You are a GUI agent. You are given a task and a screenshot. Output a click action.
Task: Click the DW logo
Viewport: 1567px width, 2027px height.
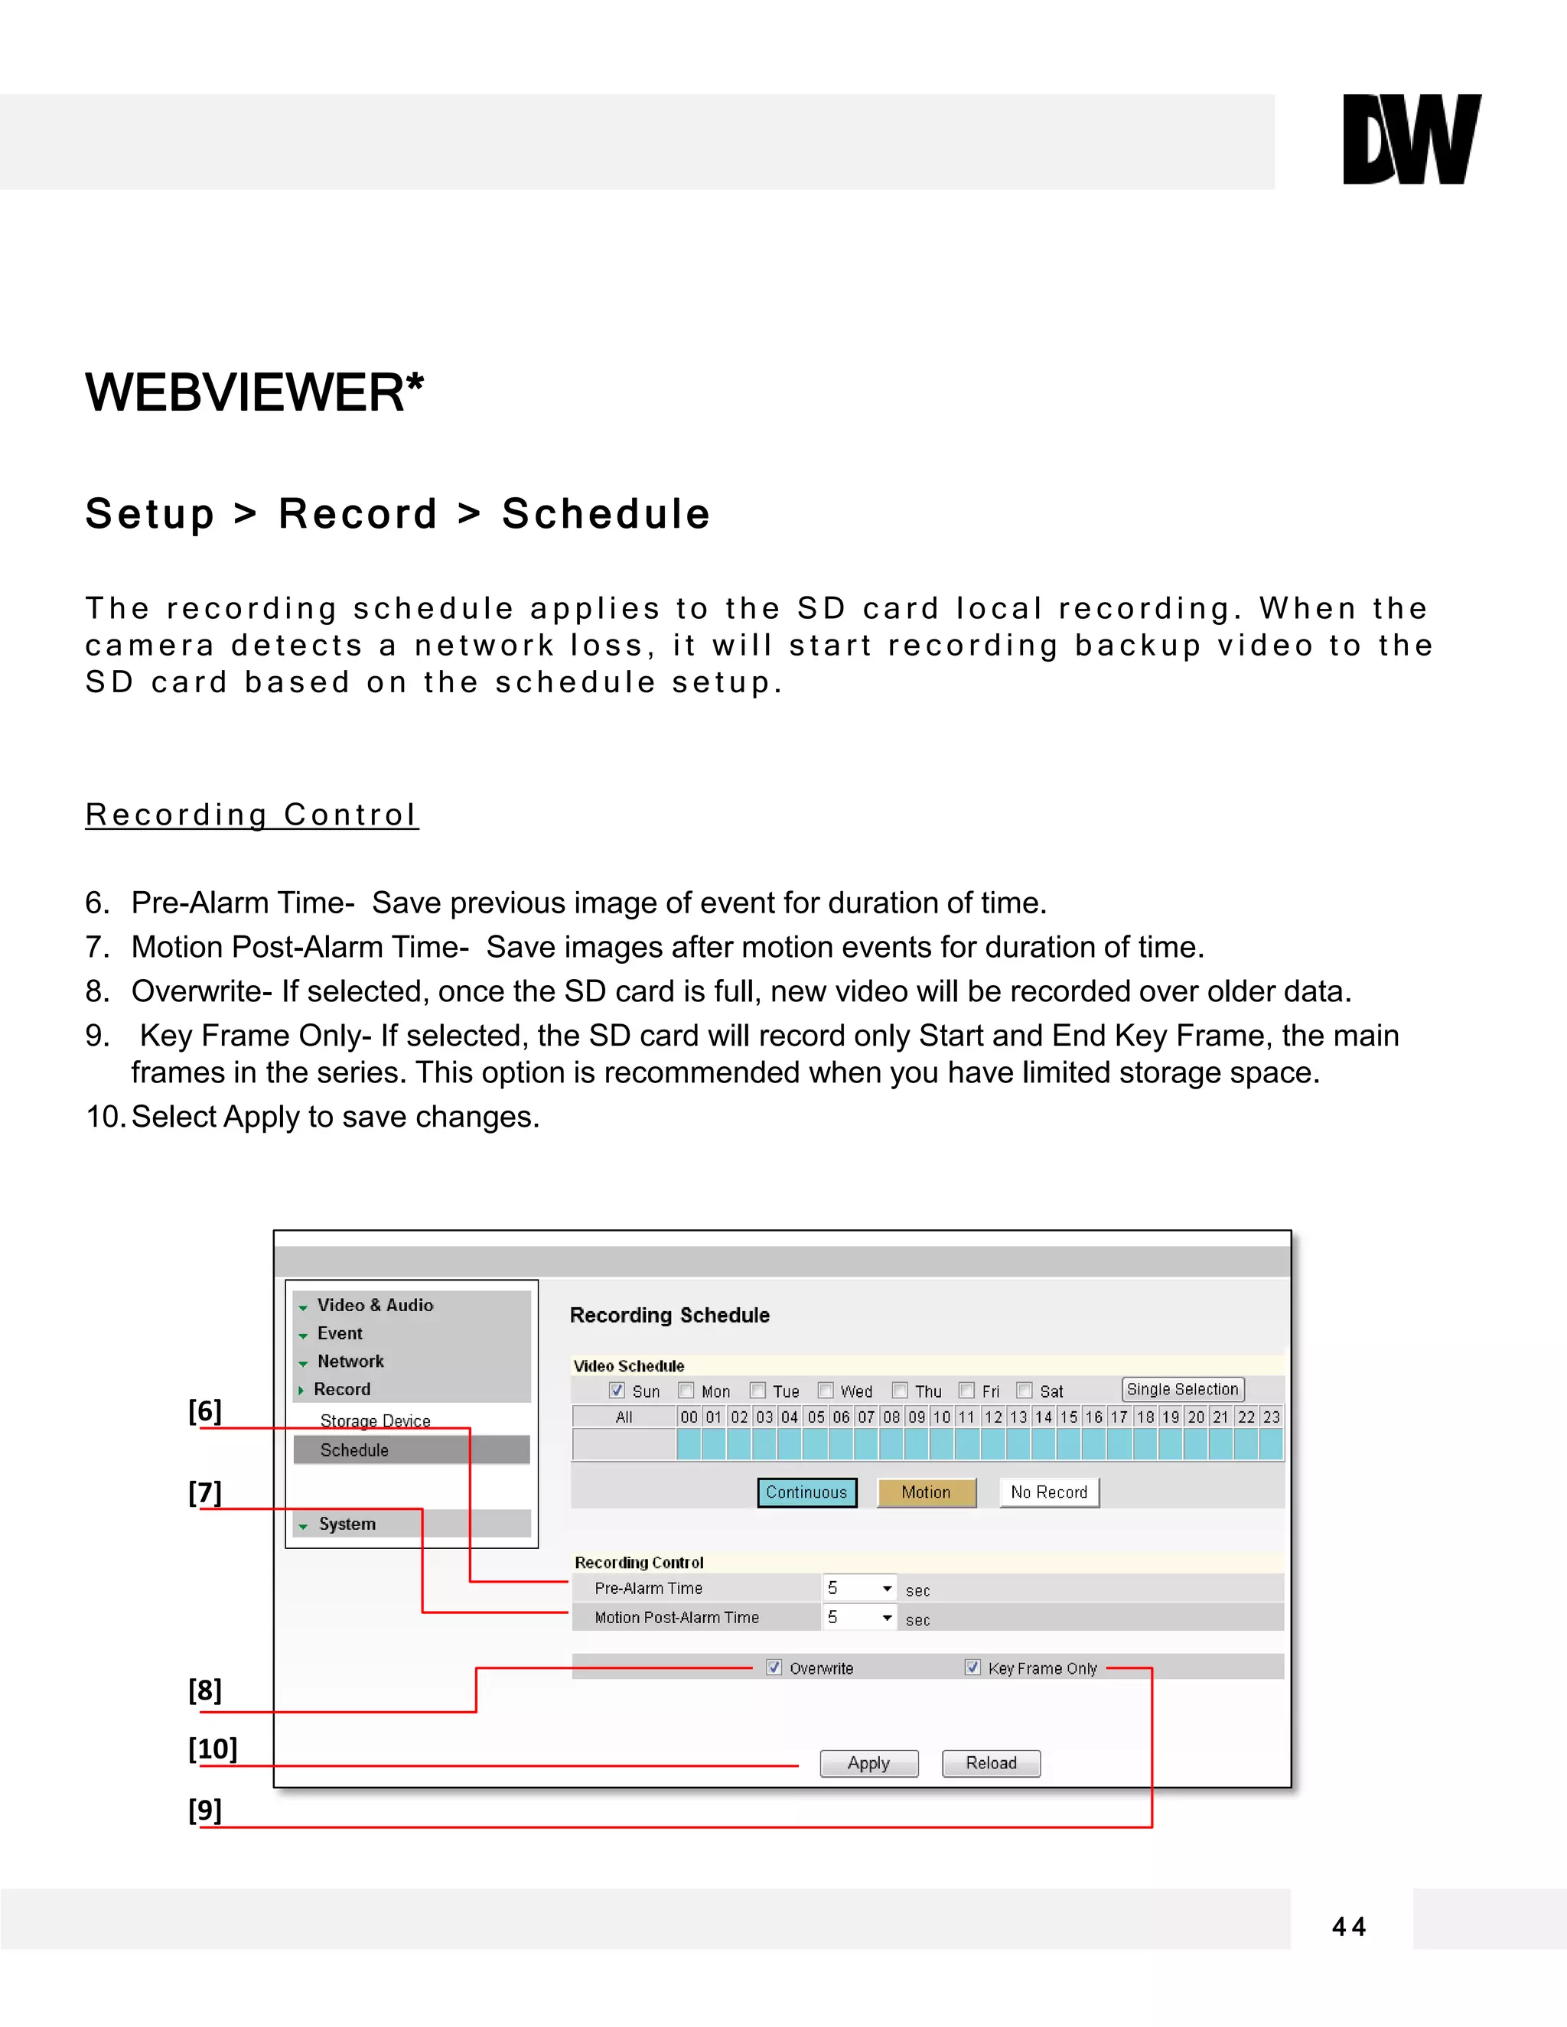click(x=1411, y=139)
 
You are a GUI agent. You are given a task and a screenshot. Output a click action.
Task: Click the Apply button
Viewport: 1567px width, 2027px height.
click(x=869, y=1763)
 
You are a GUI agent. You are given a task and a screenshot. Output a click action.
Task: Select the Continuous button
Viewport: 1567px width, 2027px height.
click(x=806, y=1492)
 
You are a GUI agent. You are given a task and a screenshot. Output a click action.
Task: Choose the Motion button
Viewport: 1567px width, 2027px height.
click(x=927, y=1492)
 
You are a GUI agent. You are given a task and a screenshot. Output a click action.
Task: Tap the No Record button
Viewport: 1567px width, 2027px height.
click(x=1049, y=1492)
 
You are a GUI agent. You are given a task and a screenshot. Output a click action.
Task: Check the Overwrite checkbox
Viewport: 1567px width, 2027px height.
click(x=774, y=1667)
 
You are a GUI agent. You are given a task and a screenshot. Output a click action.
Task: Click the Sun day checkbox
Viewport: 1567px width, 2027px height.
click(x=617, y=1391)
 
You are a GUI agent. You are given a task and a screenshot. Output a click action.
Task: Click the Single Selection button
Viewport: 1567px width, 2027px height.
click(x=1183, y=1389)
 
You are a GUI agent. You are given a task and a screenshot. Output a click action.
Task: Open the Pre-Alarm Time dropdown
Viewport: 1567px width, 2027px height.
click(x=859, y=1589)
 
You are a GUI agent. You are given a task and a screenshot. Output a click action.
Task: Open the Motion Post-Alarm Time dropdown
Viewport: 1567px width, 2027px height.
click(x=859, y=1618)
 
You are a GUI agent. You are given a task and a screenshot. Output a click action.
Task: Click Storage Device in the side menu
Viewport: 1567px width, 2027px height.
click(x=375, y=1421)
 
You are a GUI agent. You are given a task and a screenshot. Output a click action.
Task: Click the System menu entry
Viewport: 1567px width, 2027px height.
click(x=347, y=1524)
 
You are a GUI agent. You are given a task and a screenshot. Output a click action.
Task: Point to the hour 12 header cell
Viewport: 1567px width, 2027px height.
click(x=993, y=1417)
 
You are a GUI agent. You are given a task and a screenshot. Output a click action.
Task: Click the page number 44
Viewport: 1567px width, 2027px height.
click(x=1349, y=1928)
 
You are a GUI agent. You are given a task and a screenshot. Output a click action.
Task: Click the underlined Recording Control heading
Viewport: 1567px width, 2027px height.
click(x=252, y=815)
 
